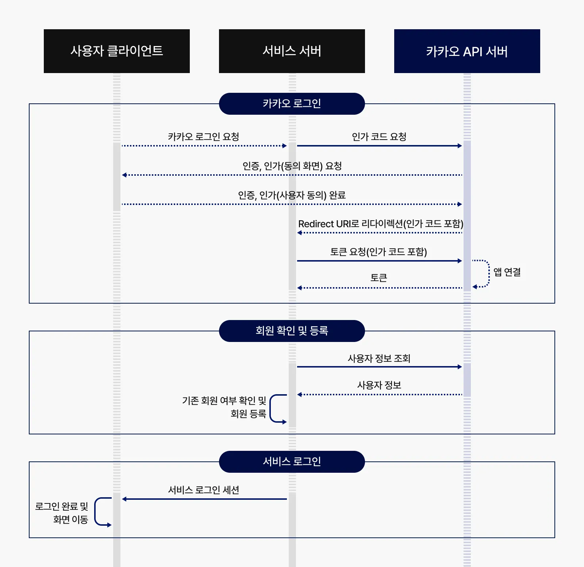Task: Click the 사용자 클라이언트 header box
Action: pos(116,51)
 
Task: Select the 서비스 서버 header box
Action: pos(292,51)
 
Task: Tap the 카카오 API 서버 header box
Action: pos(467,51)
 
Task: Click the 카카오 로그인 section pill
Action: pos(292,104)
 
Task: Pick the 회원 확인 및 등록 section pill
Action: pos(292,331)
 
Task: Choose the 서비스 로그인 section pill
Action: pos(292,462)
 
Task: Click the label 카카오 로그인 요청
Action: pos(203,137)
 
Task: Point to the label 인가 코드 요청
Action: pos(379,137)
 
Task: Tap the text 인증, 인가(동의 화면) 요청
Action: pos(292,166)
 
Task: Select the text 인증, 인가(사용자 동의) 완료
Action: pos(292,195)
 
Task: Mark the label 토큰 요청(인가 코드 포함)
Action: pos(379,252)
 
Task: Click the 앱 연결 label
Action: pos(507,272)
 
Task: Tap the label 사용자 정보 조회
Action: pos(379,358)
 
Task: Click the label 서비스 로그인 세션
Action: pos(203,490)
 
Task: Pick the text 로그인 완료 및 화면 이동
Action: pos(62,513)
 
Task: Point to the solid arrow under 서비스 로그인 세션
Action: pos(204,499)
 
